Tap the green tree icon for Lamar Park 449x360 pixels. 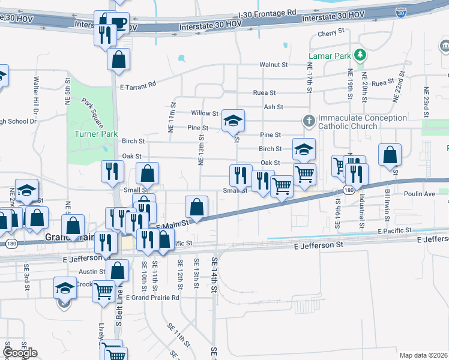point(360,56)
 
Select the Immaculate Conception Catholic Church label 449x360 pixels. point(354,122)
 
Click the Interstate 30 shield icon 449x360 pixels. point(400,11)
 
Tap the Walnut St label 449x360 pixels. point(274,64)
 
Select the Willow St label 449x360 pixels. point(204,113)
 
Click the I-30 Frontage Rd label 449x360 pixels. point(267,12)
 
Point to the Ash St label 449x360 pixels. point(273,107)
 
